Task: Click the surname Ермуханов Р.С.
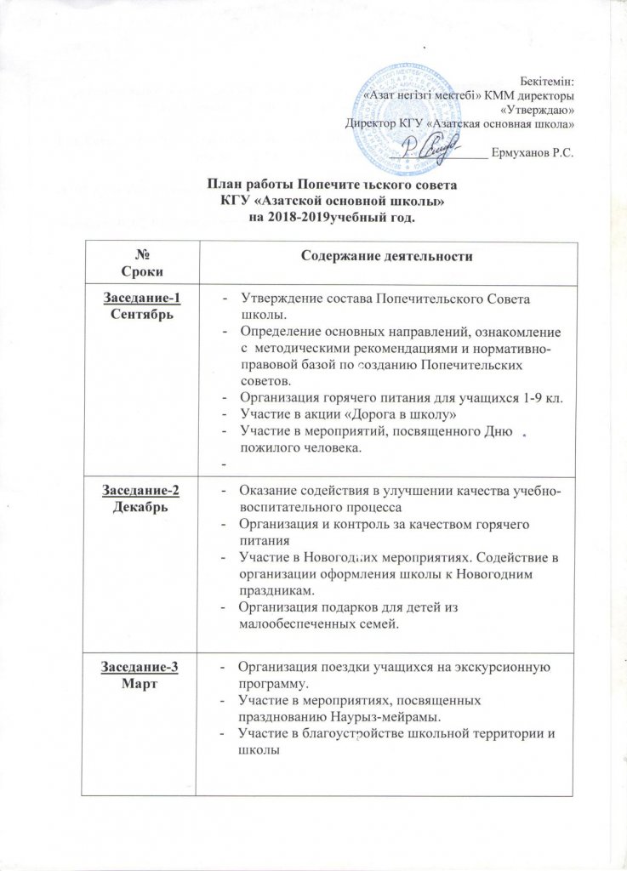tap(533, 153)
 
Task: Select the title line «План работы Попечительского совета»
tap(333, 185)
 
